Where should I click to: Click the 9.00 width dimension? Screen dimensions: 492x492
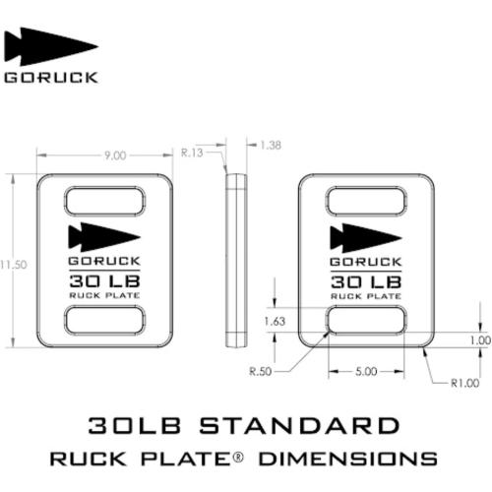coord(115,155)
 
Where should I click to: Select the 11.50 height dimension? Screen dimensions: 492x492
coord(13,263)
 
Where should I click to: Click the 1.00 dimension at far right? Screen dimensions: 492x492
coord(479,339)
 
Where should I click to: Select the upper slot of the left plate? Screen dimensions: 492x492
coord(104,204)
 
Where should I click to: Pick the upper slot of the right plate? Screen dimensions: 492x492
coord(365,204)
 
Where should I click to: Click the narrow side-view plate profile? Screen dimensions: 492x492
coord(236,261)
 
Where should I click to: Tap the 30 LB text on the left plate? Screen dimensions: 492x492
coord(104,281)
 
